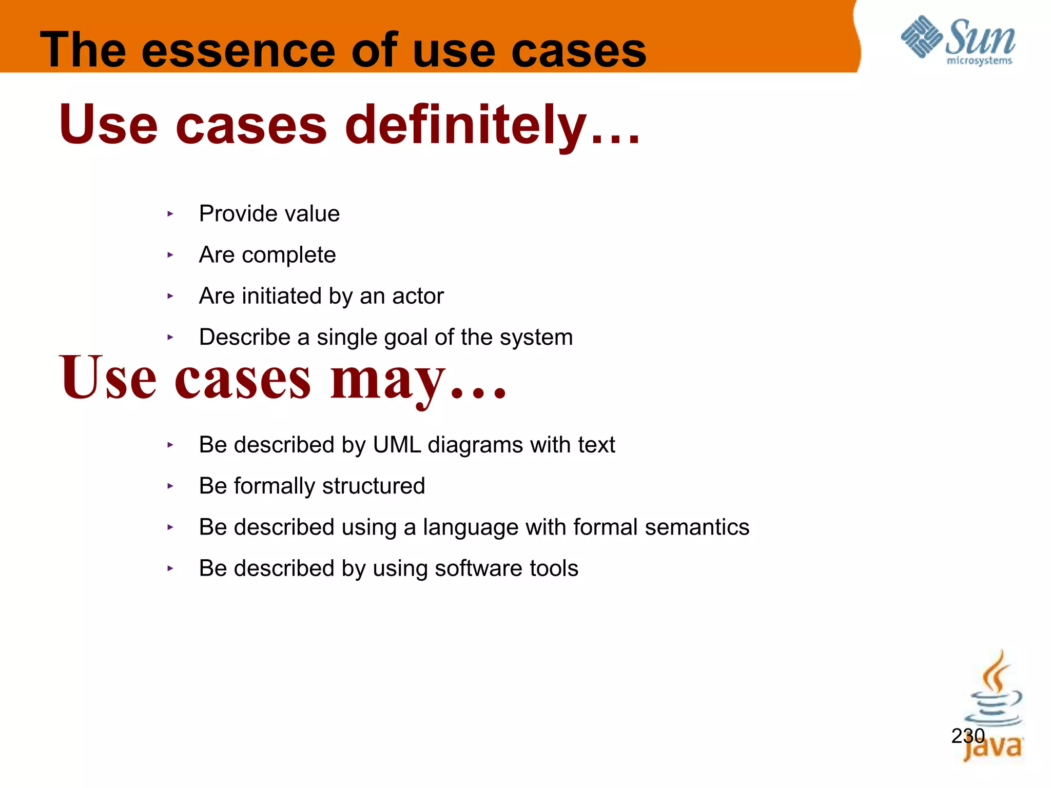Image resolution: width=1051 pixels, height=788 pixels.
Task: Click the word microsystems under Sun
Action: (x=979, y=61)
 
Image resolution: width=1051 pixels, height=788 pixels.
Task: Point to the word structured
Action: (x=373, y=486)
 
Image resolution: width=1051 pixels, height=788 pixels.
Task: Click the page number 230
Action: (x=967, y=736)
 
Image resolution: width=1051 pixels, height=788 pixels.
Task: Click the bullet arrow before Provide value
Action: (x=170, y=214)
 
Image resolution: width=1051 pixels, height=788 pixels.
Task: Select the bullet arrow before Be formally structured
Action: (x=170, y=486)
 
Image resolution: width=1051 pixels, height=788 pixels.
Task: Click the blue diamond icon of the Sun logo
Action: (x=921, y=37)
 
